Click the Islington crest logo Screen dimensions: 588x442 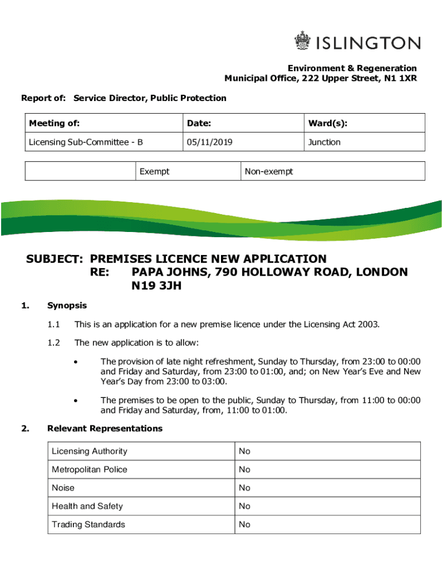(x=302, y=41)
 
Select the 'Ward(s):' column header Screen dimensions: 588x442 (x=327, y=123)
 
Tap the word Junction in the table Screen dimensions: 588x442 (x=324, y=142)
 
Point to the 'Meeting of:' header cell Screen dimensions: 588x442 (x=55, y=123)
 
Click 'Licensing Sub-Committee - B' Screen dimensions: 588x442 (x=86, y=142)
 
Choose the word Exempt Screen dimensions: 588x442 (x=154, y=172)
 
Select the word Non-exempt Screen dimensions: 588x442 (x=269, y=172)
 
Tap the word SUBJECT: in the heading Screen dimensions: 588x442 (x=56, y=259)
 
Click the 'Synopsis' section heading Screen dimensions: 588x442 (x=67, y=305)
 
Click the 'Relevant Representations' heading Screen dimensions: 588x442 (x=104, y=428)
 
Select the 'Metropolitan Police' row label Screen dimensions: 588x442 (x=90, y=470)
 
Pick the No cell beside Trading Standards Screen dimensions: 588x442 (x=245, y=524)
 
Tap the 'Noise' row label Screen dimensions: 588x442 (x=63, y=488)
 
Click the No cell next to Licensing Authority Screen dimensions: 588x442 (x=245, y=451)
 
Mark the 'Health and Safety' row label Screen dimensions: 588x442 (x=87, y=506)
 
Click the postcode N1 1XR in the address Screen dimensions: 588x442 (x=401, y=79)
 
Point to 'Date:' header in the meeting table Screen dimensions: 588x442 (x=199, y=123)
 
